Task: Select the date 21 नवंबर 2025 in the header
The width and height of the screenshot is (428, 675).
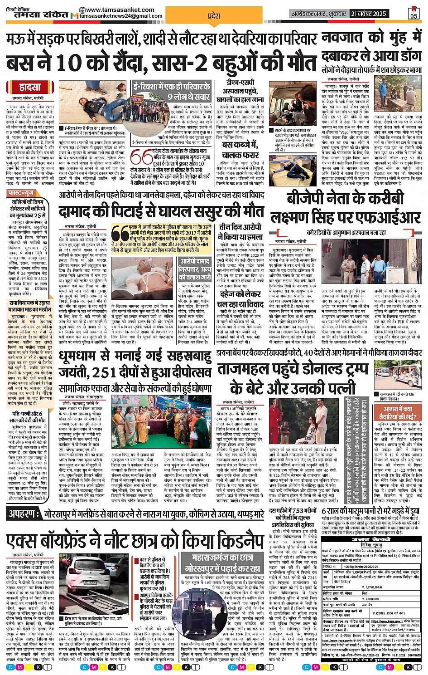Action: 368,14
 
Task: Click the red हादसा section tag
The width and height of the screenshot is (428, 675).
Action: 30,87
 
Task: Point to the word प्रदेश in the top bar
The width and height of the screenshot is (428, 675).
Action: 214,16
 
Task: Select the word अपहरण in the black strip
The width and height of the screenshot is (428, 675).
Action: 23,514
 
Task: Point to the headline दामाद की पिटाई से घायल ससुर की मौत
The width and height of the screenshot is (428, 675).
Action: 161,212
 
